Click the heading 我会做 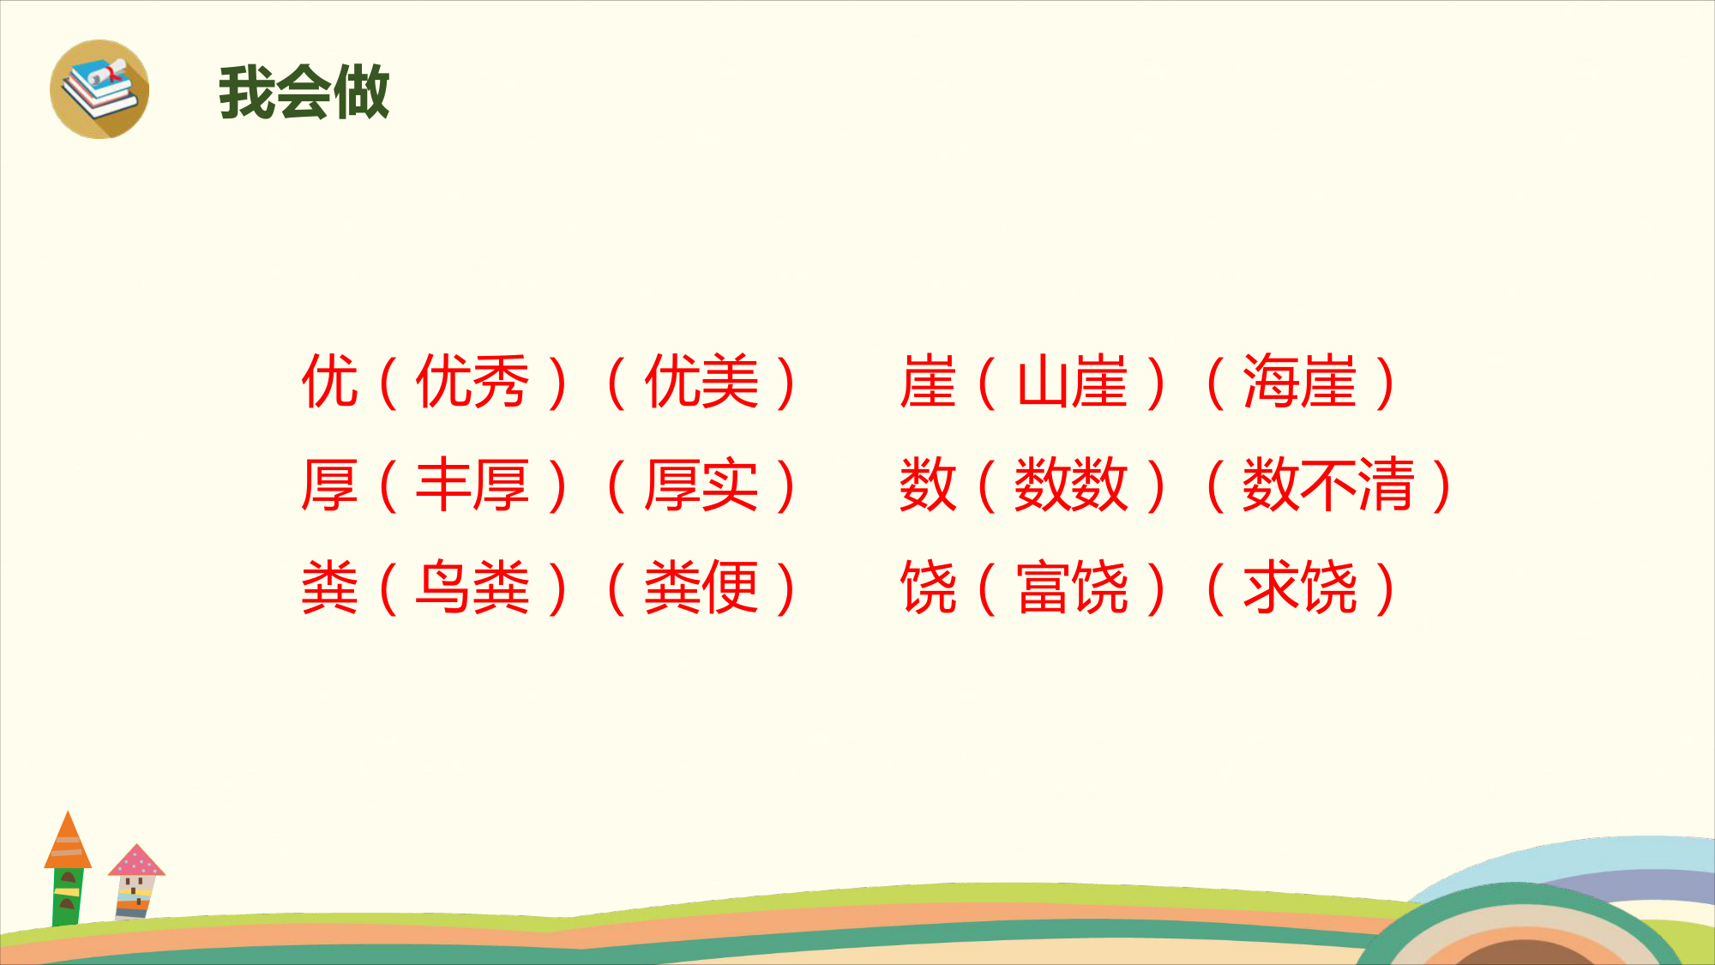tap(304, 92)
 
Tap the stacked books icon tap(99, 89)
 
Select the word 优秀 tap(472, 382)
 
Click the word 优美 tap(701, 382)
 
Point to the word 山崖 tap(1072, 382)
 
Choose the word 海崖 tap(1300, 382)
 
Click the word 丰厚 tap(472, 485)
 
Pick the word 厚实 tap(701, 485)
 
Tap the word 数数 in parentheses tap(1072, 485)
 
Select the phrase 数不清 tap(1328, 485)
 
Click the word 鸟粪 tap(472, 588)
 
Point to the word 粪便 tap(701, 588)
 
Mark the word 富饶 tap(1072, 588)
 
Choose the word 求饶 tap(1300, 588)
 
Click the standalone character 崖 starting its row tap(928, 382)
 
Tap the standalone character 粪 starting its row tap(329, 588)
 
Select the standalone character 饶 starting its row tap(928, 588)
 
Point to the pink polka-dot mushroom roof tap(136, 861)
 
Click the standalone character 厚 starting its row tap(329, 485)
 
